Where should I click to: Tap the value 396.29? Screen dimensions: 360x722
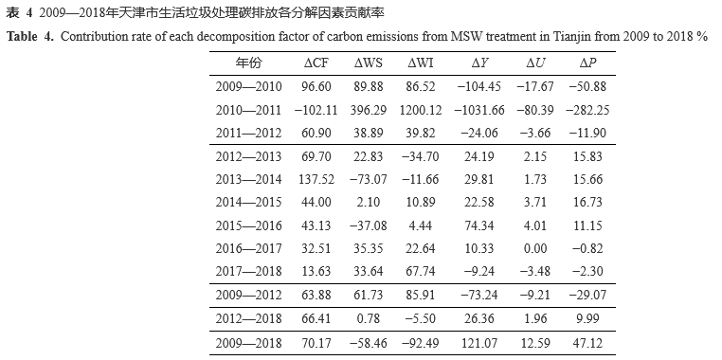click(x=368, y=110)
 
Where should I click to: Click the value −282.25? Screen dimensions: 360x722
click(x=587, y=110)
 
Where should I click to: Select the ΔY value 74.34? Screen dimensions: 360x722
click(x=480, y=225)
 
